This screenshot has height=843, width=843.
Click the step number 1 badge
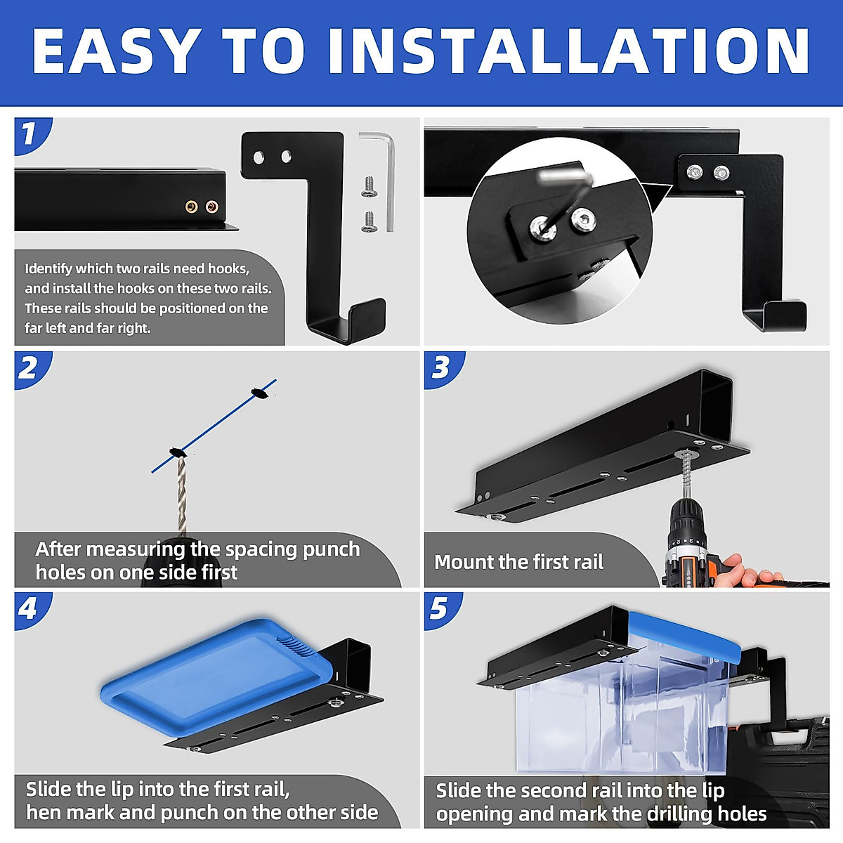click(31, 135)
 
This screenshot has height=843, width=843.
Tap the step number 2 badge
click(31, 370)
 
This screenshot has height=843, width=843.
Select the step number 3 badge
click(442, 370)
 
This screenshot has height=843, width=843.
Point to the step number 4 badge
click(31, 610)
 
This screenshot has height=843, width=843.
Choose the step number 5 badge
click(441, 610)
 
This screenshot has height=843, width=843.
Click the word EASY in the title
click(114, 51)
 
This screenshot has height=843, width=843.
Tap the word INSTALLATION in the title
click(569, 51)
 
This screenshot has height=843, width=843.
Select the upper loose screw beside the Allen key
click(370, 186)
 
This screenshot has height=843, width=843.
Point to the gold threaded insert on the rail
click(191, 207)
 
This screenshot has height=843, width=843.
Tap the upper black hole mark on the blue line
click(259, 393)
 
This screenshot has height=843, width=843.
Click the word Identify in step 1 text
click(48, 269)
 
